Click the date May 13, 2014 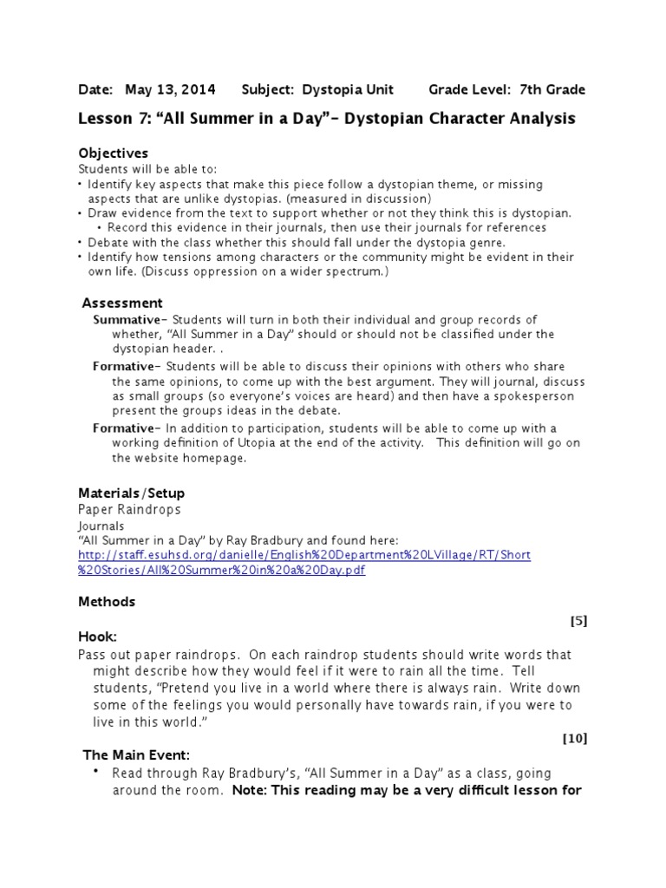tap(171, 89)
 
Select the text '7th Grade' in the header tap(552, 89)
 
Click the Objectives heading tap(114, 153)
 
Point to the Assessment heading tap(122, 303)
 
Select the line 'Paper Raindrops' tap(129, 511)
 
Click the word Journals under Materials tap(101, 526)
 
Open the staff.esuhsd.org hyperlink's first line tap(304, 555)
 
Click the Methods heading tap(107, 601)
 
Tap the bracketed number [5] tap(578, 620)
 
